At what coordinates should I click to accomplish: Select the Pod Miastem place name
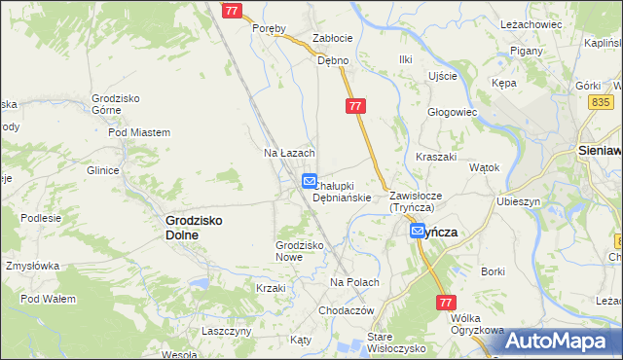[x=139, y=132]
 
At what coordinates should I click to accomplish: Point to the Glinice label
[x=102, y=170]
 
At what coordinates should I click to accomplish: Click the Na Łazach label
[x=289, y=154]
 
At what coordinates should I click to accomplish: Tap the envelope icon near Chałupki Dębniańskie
[x=309, y=181]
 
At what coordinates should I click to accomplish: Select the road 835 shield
[x=601, y=102]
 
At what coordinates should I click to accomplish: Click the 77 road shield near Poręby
[x=231, y=10]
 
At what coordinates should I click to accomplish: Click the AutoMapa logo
[x=558, y=341]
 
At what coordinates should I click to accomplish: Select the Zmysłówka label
[x=32, y=266]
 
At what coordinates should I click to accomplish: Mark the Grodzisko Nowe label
[x=300, y=251]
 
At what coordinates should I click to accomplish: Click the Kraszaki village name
[x=436, y=157]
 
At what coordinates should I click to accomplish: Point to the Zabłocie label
[x=331, y=38]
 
